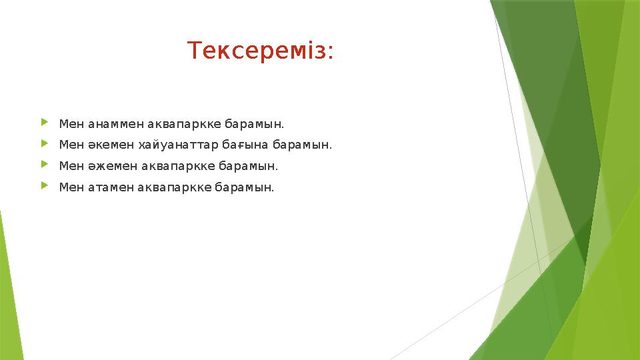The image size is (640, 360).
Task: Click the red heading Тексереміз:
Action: click(261, 51)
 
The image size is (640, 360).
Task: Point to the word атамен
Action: click(111, 187)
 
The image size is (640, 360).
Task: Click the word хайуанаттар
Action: click(179, 145)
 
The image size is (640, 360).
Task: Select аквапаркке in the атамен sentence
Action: click(174, 187)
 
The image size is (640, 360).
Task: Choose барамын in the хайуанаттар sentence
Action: click(302, 145)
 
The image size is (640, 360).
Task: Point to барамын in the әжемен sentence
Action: click(248, 166)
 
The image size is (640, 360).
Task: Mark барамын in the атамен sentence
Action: click(245, 187)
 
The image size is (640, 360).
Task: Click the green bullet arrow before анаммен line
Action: click(45, 122)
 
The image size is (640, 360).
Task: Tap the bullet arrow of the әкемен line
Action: click(45, 143)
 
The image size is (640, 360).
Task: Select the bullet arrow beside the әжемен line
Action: click(45, 165)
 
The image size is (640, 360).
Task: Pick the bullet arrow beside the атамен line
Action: click(45, 186)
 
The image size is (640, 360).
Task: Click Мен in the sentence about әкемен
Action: click(71, 145)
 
